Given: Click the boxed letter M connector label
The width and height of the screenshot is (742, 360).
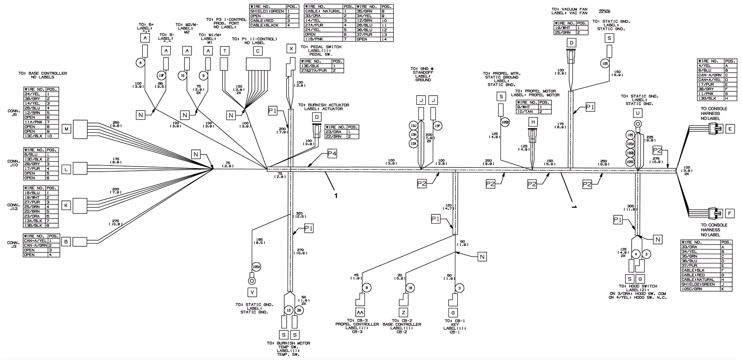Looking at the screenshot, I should (x=66, y=129).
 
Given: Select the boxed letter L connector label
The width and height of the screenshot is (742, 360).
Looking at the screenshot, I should (x=66, y=170).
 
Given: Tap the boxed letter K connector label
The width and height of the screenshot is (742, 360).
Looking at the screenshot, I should (x=66, y=205).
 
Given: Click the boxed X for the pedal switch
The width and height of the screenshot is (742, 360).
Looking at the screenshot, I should (x=291, y=49).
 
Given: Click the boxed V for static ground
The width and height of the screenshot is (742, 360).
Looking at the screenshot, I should (x=252, y=292).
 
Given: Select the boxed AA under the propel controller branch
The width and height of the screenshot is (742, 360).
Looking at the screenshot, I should (x=361, y=313).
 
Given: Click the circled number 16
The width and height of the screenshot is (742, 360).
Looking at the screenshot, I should (x=410, y=288).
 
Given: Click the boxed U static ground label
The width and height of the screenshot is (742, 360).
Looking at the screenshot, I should (x=638, y=113).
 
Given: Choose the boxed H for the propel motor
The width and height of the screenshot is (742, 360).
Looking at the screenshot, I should (x=534, y=122).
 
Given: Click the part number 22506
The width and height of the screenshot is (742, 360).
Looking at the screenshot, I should (x=606, y=12).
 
